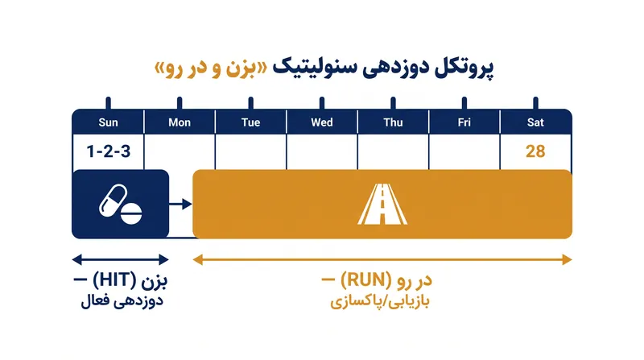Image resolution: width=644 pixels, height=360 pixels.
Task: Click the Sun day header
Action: point(108,122)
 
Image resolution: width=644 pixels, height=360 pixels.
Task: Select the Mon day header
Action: point(180,122)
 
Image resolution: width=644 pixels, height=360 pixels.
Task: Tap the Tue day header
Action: point(250,122)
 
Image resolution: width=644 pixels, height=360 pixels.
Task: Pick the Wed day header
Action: point(322,122)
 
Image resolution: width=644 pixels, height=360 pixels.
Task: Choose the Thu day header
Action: point(393,122)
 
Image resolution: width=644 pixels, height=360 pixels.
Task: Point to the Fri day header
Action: point(464,122)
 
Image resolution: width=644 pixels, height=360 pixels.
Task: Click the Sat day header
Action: point(535,122)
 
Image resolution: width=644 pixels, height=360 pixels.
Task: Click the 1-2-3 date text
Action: point(109,151)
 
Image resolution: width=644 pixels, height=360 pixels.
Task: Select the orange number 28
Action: point(535,151)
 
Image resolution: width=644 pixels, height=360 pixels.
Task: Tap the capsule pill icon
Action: point(113,201)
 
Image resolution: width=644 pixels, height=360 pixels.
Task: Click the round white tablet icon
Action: point(131,213)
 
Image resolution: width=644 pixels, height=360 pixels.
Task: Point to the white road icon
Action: point(382,205)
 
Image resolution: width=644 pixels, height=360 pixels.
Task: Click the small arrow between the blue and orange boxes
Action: point(180,204)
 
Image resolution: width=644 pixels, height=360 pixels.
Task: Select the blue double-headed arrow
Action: point(120,259)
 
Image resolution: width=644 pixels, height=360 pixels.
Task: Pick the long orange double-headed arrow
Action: point(382,259)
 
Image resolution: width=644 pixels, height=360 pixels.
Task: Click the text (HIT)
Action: point(114,280)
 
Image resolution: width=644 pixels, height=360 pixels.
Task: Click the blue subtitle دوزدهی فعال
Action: point(122,301)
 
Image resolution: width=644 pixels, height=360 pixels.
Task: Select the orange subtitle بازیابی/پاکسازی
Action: point(380,302)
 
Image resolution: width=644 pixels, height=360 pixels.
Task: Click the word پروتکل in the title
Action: point(464,68)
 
